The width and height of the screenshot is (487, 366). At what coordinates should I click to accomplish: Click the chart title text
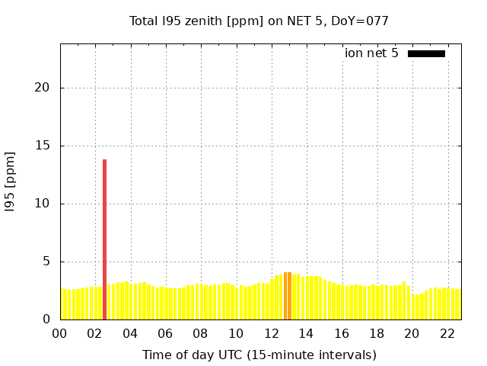pos(259,21)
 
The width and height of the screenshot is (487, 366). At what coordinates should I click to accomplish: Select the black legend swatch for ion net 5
pos(426,53)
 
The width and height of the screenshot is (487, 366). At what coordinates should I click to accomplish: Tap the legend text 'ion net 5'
pos(371,53)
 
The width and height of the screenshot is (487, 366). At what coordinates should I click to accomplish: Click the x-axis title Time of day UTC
pos(259,355)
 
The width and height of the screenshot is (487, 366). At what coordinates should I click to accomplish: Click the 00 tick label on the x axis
pos(60,333)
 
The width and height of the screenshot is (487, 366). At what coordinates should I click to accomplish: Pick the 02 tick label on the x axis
pos(95,333)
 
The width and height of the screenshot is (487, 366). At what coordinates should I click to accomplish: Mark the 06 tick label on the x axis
pos(166,333)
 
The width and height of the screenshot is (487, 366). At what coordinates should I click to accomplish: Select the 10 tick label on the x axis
pos(236,333)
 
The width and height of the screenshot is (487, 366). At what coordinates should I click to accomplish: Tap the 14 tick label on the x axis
pos(307,333)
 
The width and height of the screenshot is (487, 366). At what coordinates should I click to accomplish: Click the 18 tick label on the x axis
pos(377,333)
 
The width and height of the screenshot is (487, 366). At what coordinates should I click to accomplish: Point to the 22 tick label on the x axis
pos(447,333)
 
